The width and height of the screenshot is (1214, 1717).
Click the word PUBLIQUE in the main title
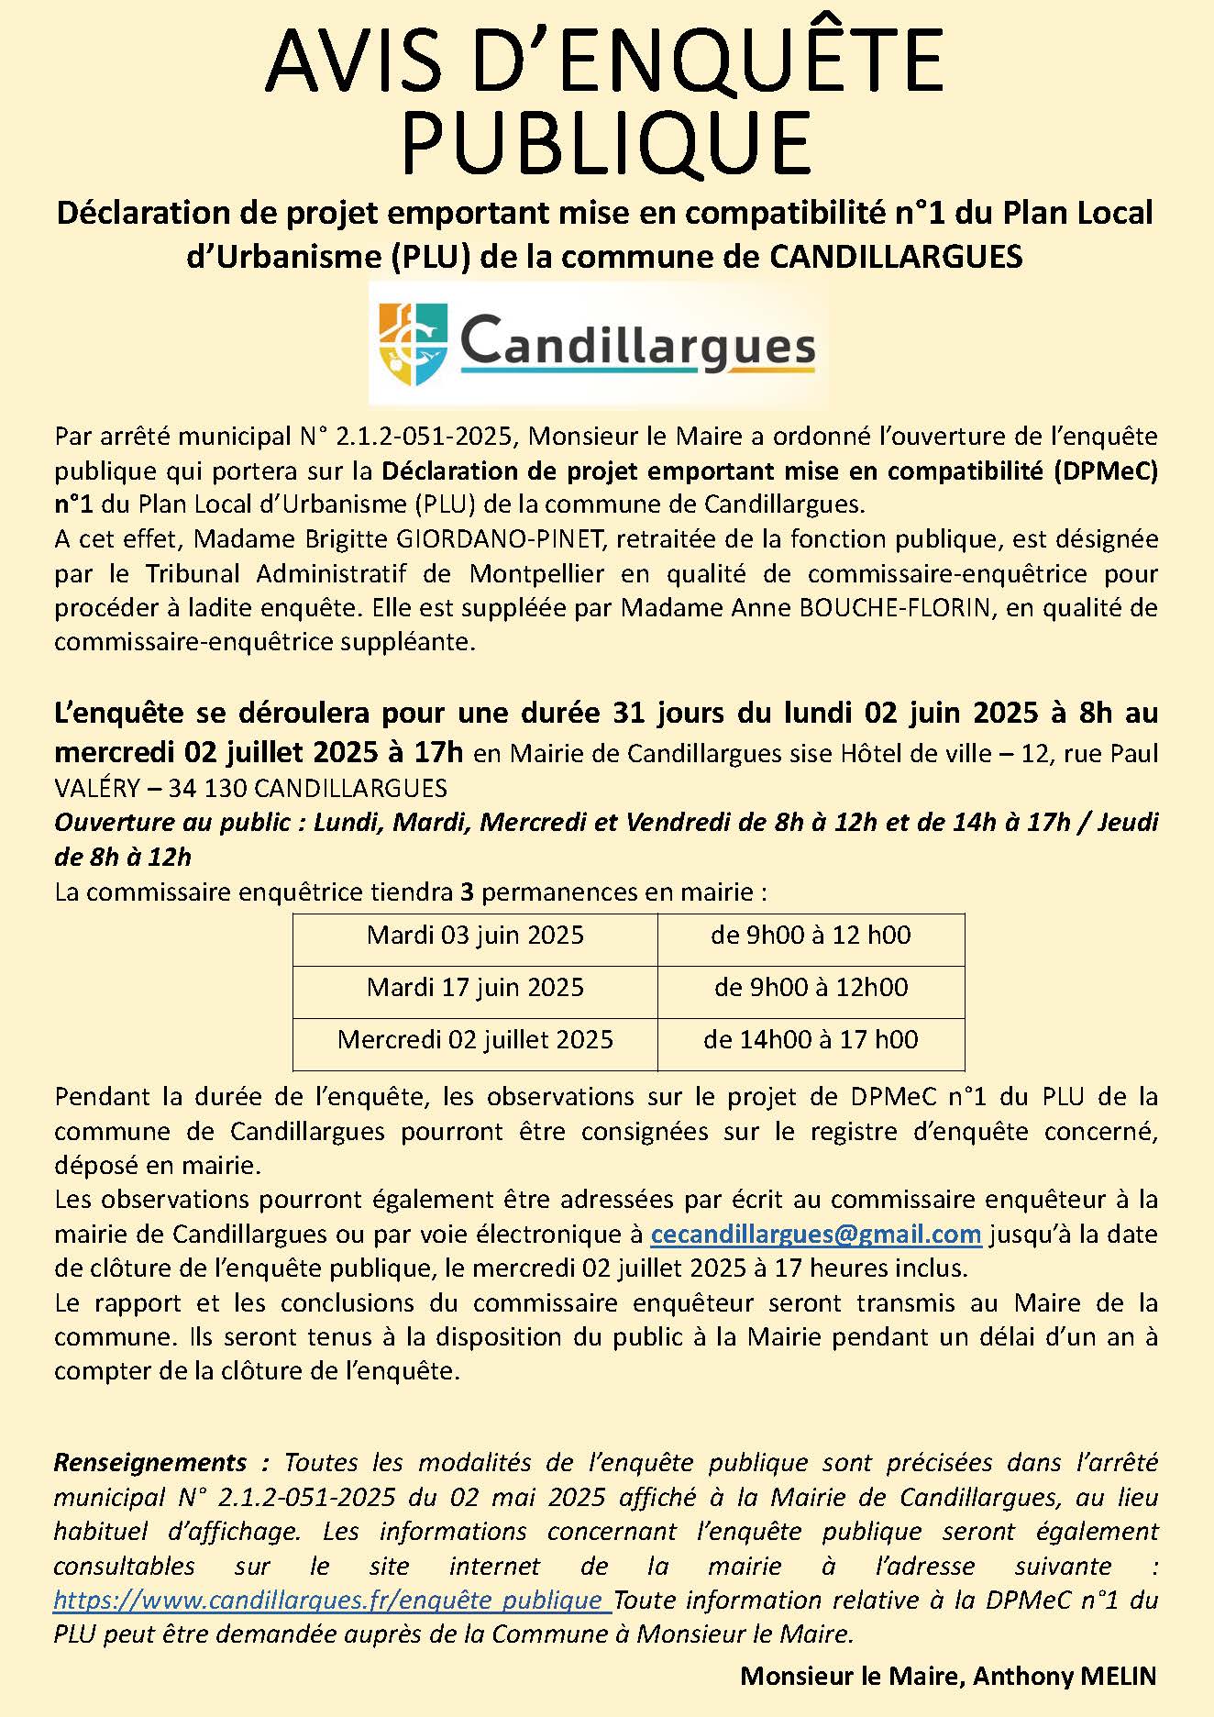pos(606,142)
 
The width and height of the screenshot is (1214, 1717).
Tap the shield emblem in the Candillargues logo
pos(413,345)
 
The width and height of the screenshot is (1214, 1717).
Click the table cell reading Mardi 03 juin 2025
pos(475,936)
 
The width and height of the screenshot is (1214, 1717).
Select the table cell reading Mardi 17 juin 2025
pos(475,988)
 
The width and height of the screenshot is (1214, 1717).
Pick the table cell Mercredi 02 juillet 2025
pos(475,1040)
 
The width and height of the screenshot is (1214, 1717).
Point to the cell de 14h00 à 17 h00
pos(811,1040)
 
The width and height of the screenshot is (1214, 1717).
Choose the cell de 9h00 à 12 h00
pos(811,936)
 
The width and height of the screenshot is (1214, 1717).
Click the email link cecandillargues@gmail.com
pos(815,1235)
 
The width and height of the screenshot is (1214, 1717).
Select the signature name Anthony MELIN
pos(1065,1676)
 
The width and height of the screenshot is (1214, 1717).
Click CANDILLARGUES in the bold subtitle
pos(895,257)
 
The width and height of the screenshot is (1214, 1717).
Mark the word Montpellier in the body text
pos(537,574)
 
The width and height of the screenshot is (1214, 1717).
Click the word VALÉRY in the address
pos(96,788)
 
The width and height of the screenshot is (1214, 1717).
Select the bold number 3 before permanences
pos(468,892)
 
